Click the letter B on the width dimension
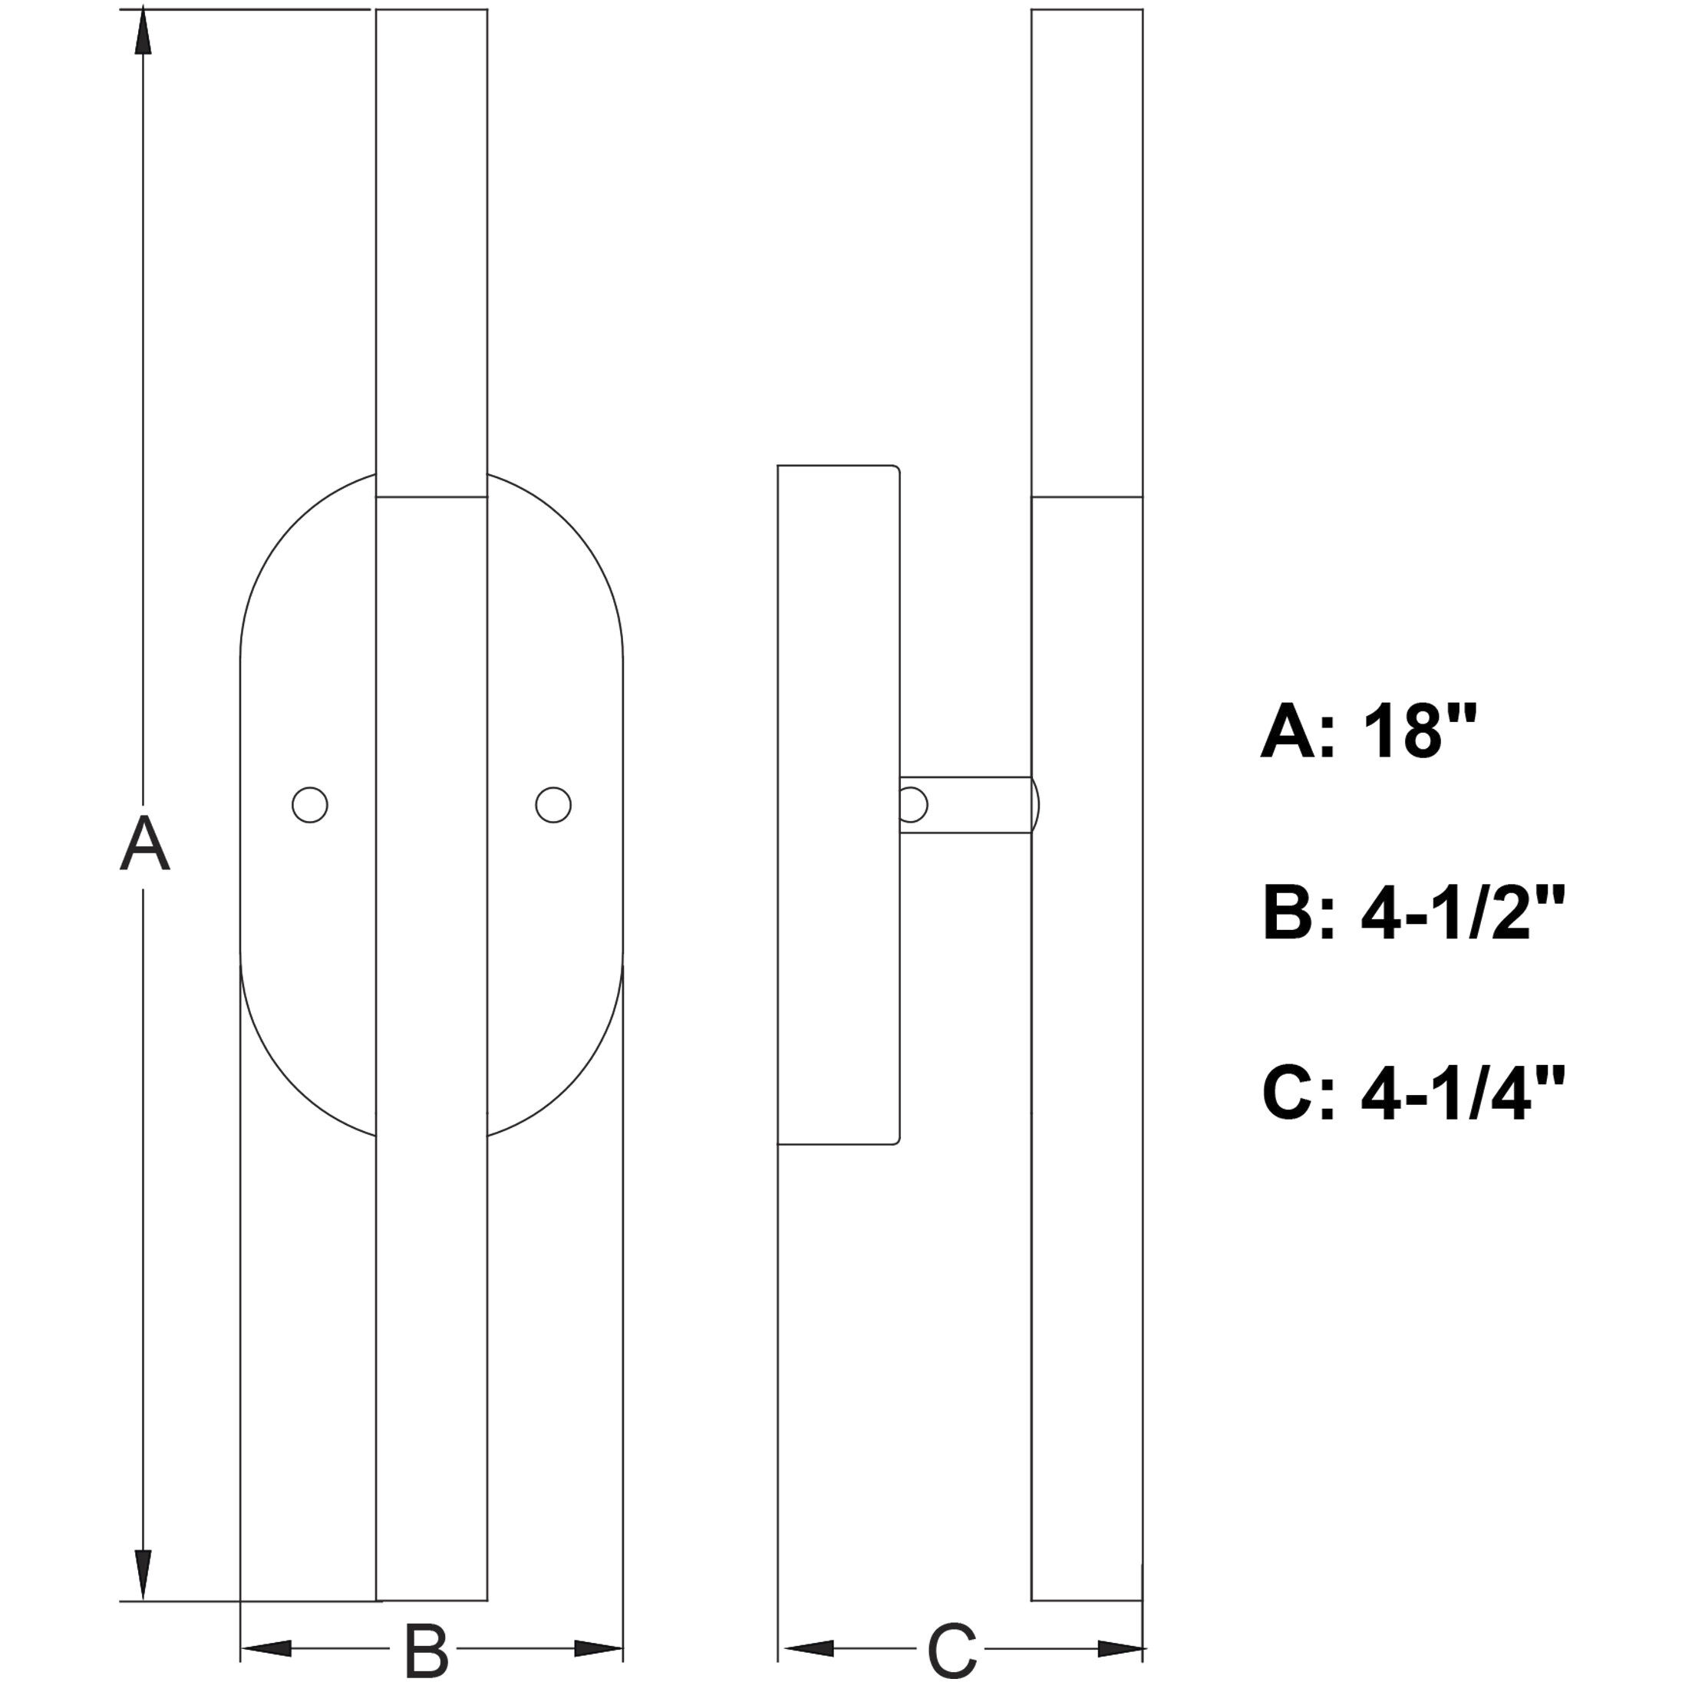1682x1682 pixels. coord(426,1649)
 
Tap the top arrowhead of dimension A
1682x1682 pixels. coord(143,35)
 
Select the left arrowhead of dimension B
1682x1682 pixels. coord(265,1648)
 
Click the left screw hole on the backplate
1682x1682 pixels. coord(310,804)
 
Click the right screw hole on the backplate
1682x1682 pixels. coord(552,804)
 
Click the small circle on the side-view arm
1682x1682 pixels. coord(912,804)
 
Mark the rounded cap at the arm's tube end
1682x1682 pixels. coord(1035,804)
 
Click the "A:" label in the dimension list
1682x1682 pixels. coord(1298,731)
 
